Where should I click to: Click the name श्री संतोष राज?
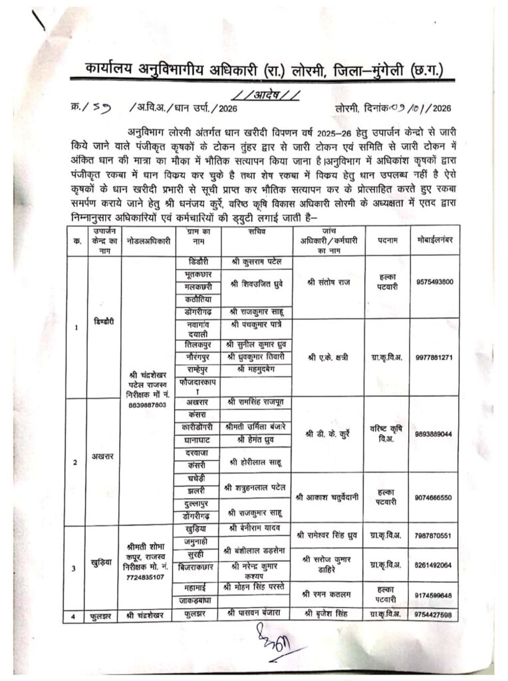[x=329, y=283]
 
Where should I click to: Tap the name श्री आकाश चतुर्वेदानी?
[x=329, y=497]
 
